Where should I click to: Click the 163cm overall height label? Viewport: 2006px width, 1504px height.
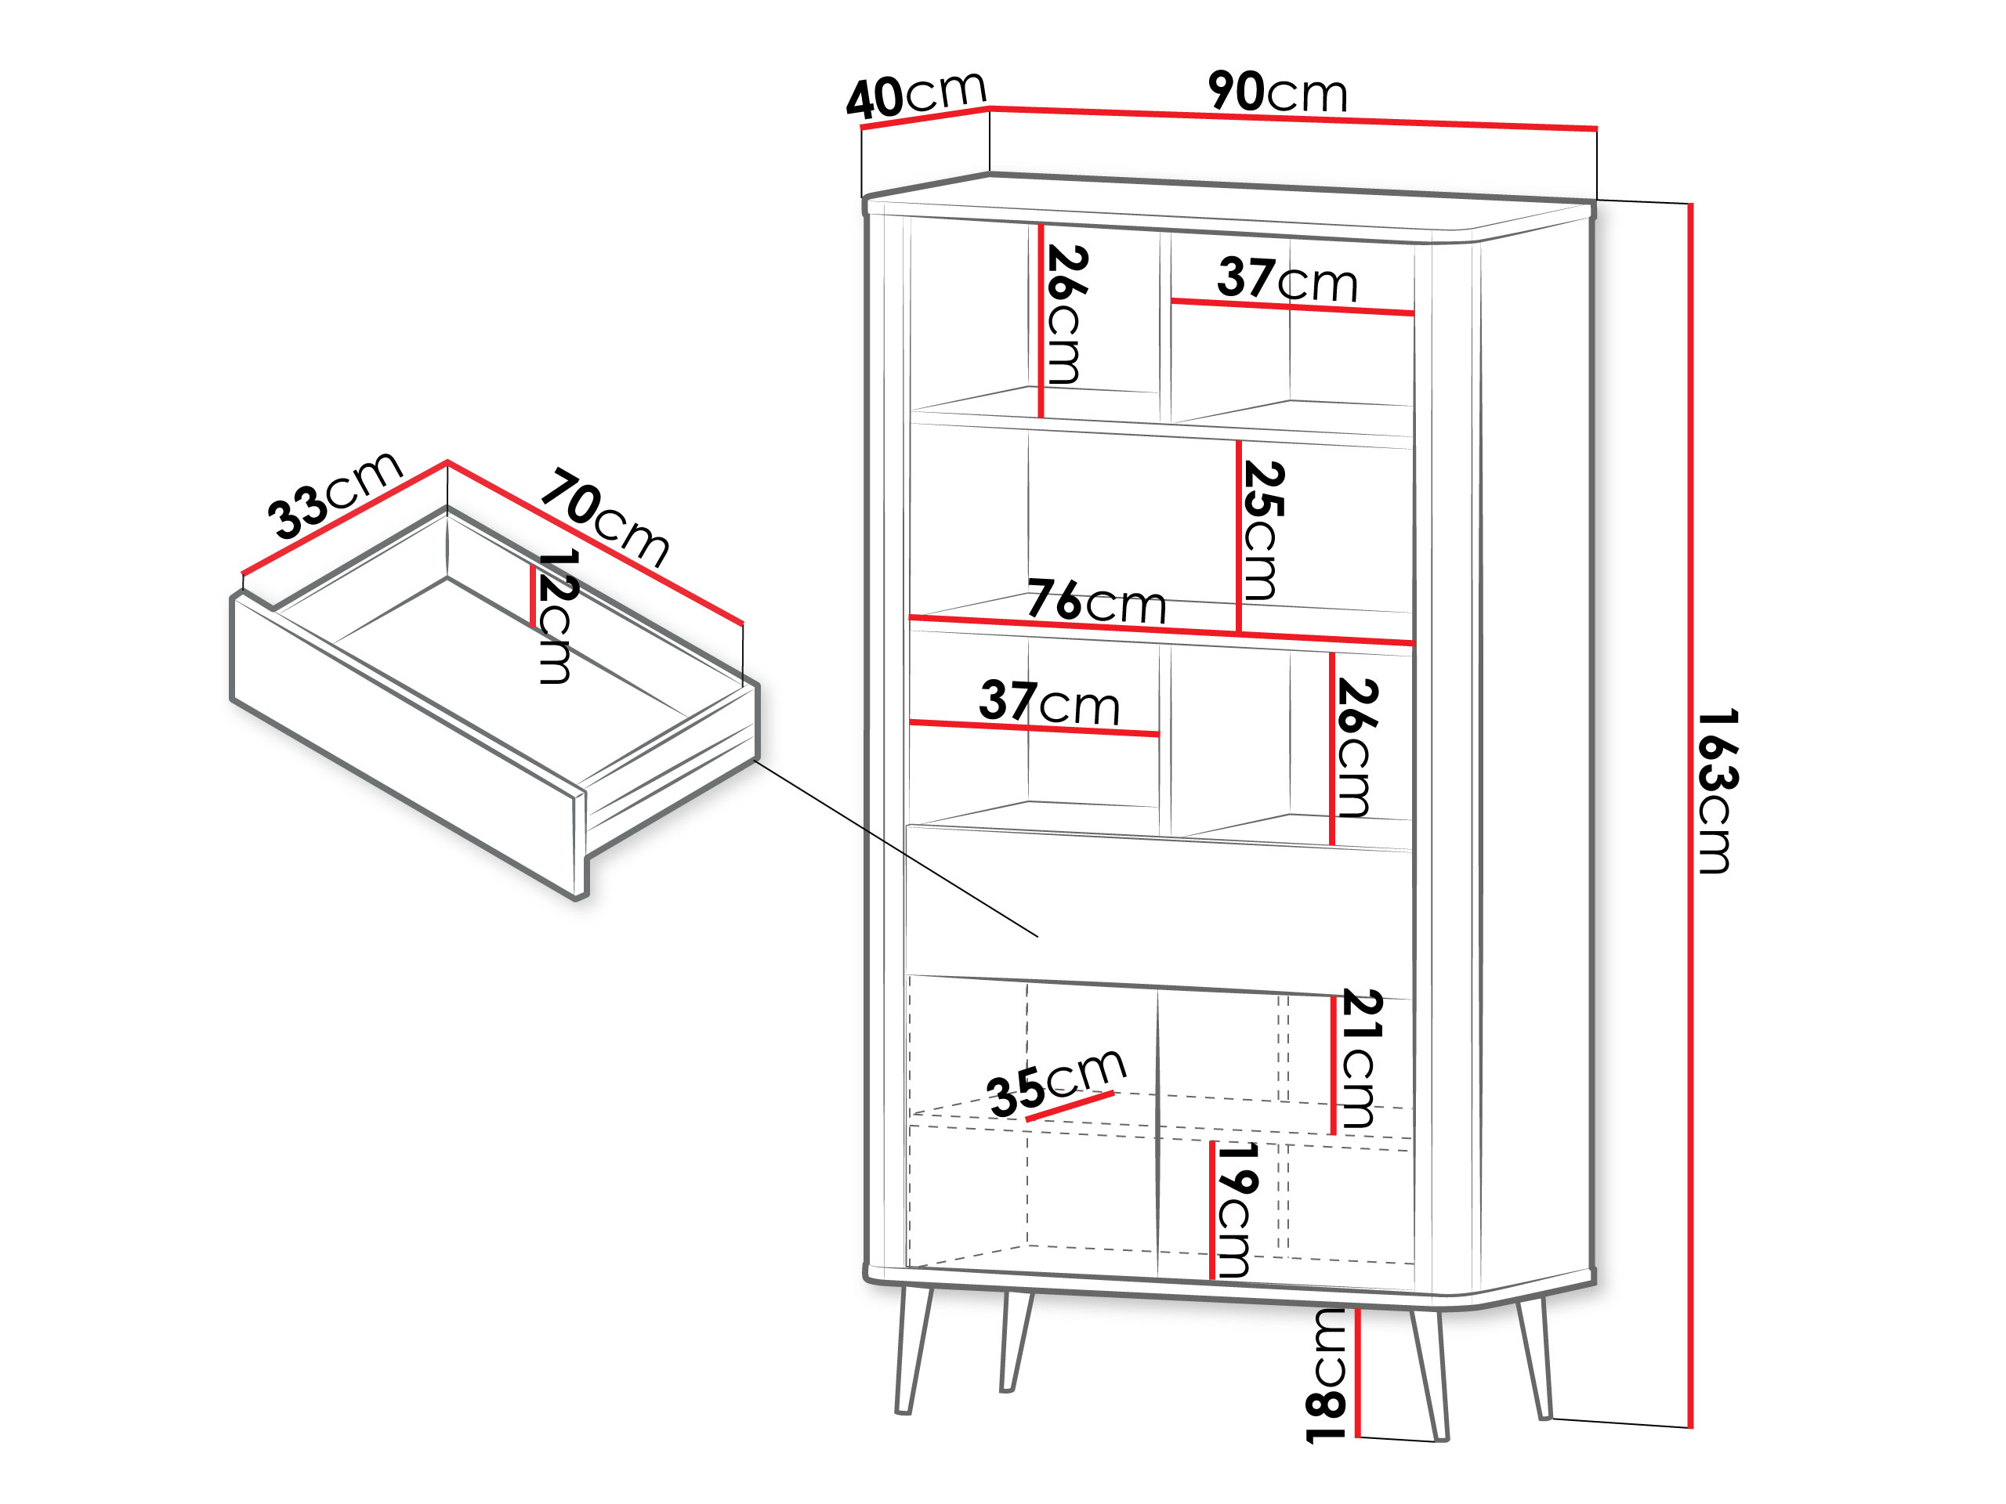click(1716, 791)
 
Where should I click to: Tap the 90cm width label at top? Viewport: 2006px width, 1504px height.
click(1277, 92)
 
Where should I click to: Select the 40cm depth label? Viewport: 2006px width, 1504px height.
click(916, 94)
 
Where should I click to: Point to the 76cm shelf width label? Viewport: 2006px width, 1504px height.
click(1096, 601)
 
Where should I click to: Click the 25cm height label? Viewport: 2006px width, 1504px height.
click(1262, 530)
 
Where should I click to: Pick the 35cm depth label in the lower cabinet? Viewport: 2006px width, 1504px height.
click(1056, 1082)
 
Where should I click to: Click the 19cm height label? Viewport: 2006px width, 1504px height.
click(1235, 1209)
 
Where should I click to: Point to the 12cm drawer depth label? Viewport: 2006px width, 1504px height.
click(555, 616)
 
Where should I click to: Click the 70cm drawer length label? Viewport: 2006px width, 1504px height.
click(605, 518)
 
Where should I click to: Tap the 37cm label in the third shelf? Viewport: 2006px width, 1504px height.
click(1049, 703)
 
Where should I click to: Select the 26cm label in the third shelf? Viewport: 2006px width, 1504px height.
click(1356, 748)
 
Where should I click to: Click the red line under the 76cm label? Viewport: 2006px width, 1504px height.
click(1162, 630)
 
